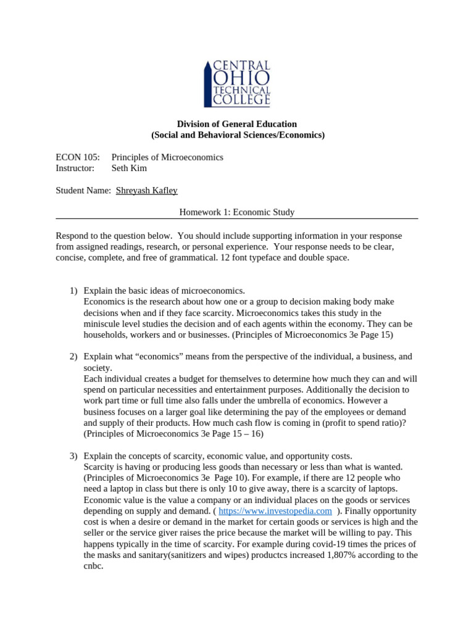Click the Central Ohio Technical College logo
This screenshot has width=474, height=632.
(237, 83)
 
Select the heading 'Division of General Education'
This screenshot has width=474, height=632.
(238, 124)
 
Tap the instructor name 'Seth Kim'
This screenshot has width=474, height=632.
(129, 168)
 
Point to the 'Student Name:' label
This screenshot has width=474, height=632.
(83, 191)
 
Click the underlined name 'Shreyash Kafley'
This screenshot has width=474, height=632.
(147, 191)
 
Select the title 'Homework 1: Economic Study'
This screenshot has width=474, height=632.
(237, 212)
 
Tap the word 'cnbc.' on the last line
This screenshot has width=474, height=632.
(93, 566)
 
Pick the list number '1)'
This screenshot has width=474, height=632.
(73, 291)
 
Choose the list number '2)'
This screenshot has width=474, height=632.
(73, 357)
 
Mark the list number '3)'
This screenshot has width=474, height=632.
(73, 455)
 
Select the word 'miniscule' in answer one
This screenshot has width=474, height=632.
(102, 324)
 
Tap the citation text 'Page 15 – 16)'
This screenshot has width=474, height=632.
(236, 434)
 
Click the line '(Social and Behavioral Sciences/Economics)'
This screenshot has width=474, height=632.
(238, 135)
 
